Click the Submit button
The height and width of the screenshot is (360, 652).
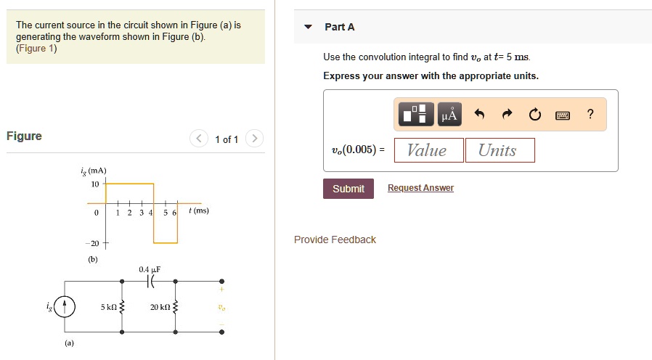pyautogui.click(x=349, y=189)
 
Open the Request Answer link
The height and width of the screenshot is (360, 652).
pyautogui.click(x=420, y=188)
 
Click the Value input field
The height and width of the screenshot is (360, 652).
pyautogui.click(x=427, y=150)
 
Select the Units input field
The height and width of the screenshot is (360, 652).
pyautogui.click(x=500, y=150)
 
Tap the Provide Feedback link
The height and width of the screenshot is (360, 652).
pyautogui.click(x=335, y=240)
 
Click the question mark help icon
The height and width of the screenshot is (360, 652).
pyautogui.click(x=590, y=114)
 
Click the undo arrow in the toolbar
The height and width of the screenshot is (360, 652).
pyautogui.click(x=478, y=114)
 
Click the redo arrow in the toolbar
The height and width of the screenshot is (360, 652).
pyautogui.click(x=507, y=114)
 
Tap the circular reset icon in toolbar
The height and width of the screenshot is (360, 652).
pyautogui.click(x=534, y=114)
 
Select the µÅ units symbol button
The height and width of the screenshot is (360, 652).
pyautogui.click(x=449, y=114)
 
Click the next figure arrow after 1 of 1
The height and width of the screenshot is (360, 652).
pyautogui.click(x=253, y=139)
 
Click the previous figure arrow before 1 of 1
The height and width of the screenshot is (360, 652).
pyautogui.click(x=199, y=139)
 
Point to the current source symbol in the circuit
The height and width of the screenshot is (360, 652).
pyautogui.click(x=65, y=307)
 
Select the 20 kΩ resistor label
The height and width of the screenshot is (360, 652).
pyautogui.click(x=160, y=307)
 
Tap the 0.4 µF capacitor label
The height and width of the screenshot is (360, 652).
pyautogui.click(x=150, y=269)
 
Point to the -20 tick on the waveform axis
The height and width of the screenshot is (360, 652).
pyautogui.click(x=94, y=243)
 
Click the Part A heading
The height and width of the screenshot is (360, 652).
pyautogui.click(x=339, y=27)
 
